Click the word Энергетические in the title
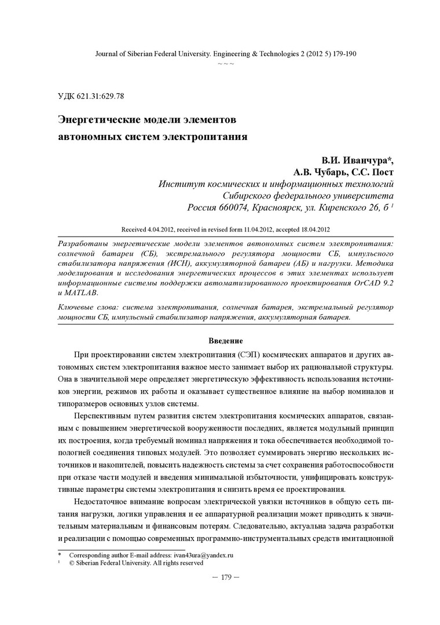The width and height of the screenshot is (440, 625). [98, 120]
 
